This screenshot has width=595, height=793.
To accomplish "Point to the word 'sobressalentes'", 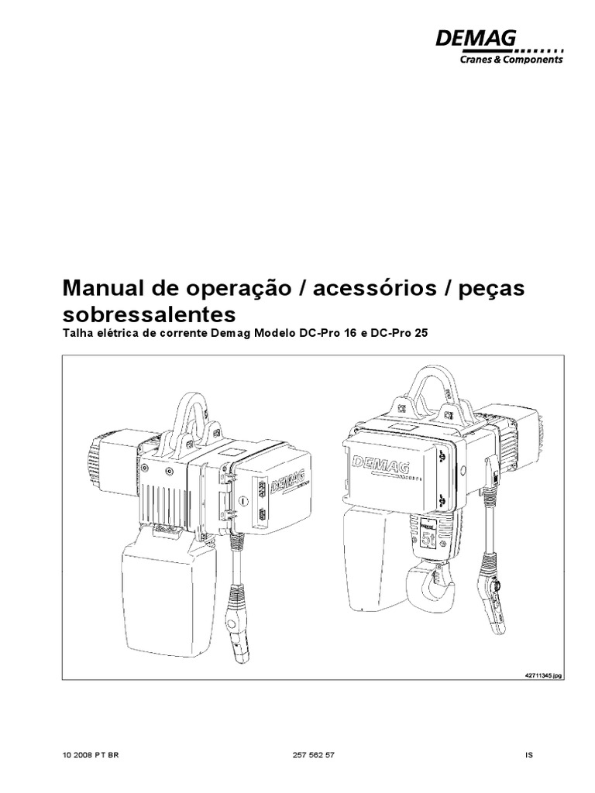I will (x=147, y=314).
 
